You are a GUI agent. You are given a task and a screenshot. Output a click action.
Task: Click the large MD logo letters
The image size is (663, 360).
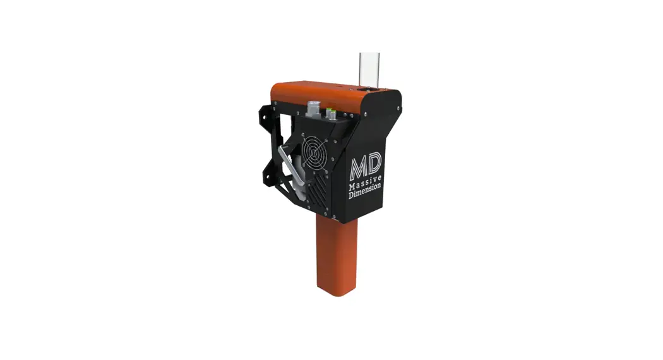(364, 167)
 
